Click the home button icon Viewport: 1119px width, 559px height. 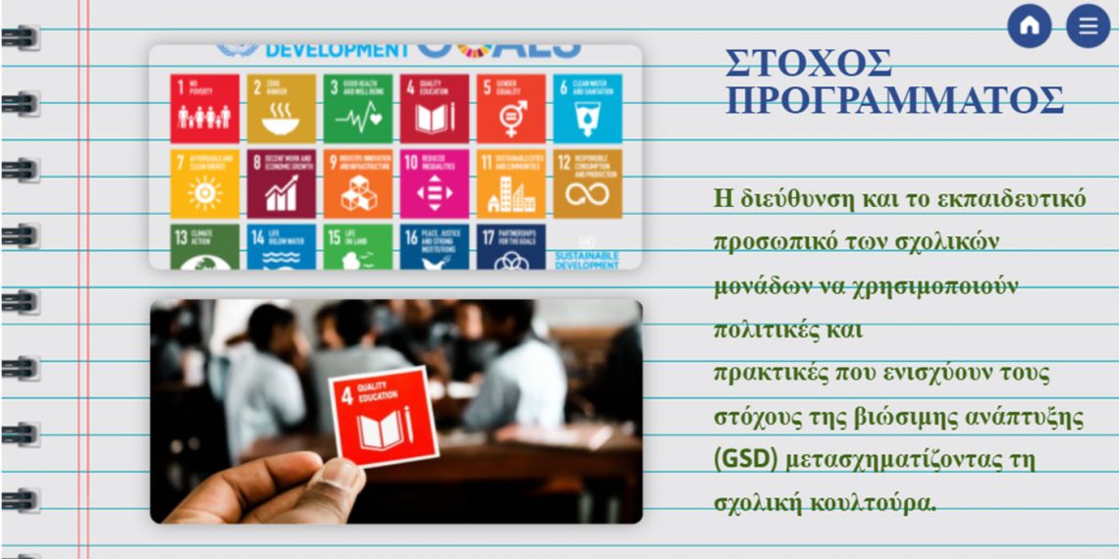click(1029, 26)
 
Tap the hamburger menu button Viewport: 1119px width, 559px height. click(1088, 26)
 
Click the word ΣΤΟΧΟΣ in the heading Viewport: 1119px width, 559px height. click(809, 64)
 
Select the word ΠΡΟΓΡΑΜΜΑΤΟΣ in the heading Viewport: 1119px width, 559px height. click(894, 100)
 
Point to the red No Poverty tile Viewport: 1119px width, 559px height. click(204, 109)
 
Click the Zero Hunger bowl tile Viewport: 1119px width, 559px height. click(282, 109)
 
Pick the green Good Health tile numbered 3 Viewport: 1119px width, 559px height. click(357, 109)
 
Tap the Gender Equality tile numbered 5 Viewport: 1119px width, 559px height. click(510, 109)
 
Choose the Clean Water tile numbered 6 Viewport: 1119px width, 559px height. click(587, 109)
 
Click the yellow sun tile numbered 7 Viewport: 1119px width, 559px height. click(204, 183)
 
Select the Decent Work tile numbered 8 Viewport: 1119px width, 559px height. click(282, 183)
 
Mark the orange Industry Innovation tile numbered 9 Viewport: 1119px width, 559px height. click(357, 183)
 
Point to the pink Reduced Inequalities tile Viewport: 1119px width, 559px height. click(434, 183)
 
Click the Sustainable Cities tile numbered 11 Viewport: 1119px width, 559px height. click(510, 183)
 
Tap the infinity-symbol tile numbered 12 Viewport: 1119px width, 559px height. click(587, 183)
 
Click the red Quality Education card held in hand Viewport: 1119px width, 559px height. click(383, 416)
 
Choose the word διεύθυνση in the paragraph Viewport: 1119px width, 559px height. click(798, 199)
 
